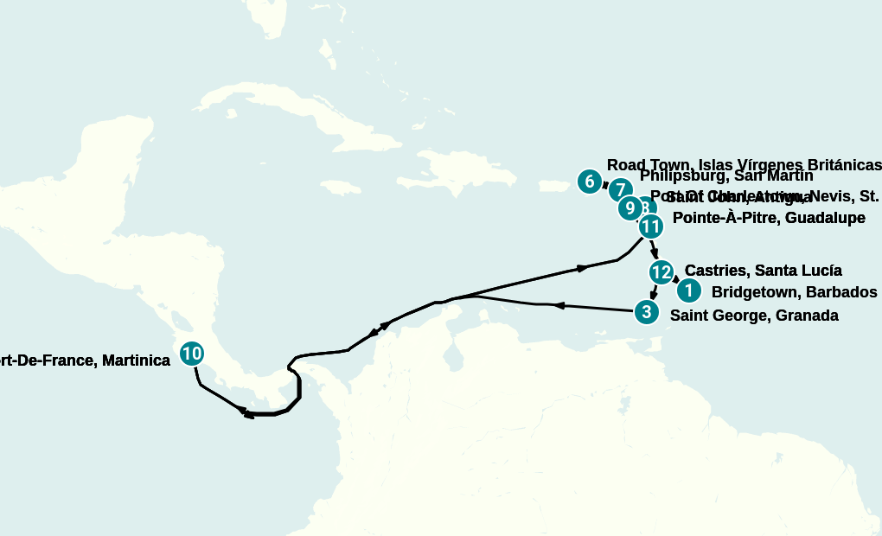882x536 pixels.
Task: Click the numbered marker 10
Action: pyautogui.click(x=192, y=353)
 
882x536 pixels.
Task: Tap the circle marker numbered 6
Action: pyautogui.click(x=590, y=182)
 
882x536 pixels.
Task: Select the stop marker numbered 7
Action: pyautogui.click(x=620, y=190)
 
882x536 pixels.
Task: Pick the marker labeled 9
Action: pyautogui.click(x=630, y=208)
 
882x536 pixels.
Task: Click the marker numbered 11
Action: pyautogui.click(x=650, y=227)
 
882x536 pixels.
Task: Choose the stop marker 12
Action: pyautogui.click(x=661, y=272)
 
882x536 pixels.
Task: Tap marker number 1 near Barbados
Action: pyautogui.click(x=688, y=291)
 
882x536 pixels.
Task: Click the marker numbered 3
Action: pyautogui.click(x=645, y=311)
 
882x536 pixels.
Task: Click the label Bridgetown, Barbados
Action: pyautogui.click(x=794, y=292)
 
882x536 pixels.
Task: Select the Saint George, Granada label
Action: pyautogui.click(x=754, y=316)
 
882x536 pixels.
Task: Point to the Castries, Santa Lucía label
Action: pyautogui.click(x=763, y=271)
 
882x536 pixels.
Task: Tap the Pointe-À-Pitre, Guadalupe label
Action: pyautogui.click(x=769, y=218)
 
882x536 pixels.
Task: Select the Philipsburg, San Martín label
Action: pyautogui.click(x=726, y=176)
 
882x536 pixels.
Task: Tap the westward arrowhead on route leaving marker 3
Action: pyautogui.click(x=559, y=305)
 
